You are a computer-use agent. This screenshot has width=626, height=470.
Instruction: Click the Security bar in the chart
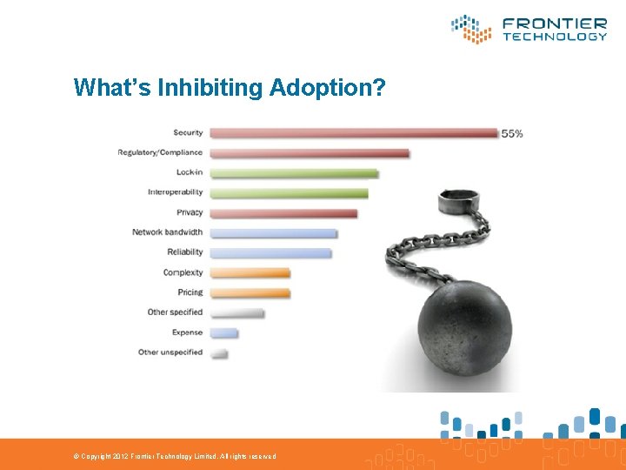354,133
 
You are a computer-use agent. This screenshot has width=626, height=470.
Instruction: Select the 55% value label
512,133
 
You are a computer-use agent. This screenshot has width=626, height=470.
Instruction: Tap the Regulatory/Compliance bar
310,153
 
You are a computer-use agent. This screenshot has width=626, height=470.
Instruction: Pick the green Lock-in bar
294,173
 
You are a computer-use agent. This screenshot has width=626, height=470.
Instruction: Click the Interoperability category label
175,192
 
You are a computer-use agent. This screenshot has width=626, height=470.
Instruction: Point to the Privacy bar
283,213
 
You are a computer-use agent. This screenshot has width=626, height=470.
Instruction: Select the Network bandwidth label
167,232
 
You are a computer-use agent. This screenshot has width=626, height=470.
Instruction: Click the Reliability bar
270,253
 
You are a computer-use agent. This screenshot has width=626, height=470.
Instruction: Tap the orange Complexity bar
250,273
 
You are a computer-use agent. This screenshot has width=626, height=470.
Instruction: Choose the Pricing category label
190,292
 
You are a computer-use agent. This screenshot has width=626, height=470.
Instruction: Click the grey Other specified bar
236,313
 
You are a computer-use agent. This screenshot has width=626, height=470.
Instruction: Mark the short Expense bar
223,333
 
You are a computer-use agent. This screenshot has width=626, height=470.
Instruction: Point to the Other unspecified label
170,352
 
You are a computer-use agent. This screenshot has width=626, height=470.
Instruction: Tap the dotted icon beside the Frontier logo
471,29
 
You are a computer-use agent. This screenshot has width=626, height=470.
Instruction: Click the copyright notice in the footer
174,456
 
